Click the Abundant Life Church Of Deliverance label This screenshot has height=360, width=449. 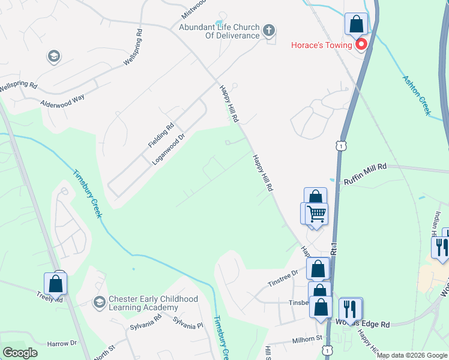pyautogui.click(x=218, y=31)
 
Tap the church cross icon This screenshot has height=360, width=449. pyautogui.click(x=268, y=30)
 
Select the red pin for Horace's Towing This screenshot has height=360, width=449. pyautogui.click(x=361, y=44)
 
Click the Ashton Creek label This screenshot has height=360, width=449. pyautogui.click(x=417, y=95)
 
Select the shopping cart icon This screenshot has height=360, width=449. pyautogui.click(x=316, y=213)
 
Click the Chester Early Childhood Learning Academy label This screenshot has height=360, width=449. pyautogui.click(x=152, y=303)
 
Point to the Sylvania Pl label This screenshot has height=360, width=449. pyautogui.click(x=188, y=321)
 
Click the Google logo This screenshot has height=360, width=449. pyautogui.click(x=20, y=352)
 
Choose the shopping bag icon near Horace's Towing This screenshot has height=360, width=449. pyautogui.click(x=357, y=25)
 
